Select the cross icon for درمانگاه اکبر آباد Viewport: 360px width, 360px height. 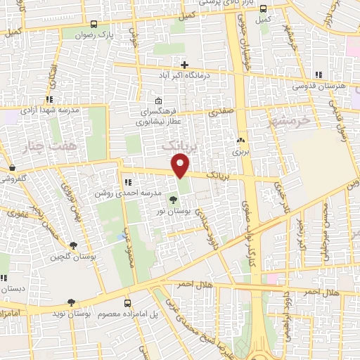point(184,64)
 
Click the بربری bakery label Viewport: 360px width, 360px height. point(241,151)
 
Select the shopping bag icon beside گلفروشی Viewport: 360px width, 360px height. point(13,167)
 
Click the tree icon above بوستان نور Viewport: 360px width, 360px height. point(174,200)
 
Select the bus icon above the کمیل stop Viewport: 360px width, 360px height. point(264,9)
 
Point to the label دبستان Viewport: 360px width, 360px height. point(13,289)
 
